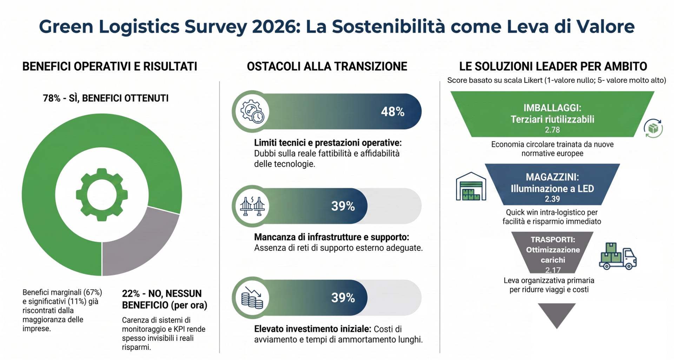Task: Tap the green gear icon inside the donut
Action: (x=102, y=195)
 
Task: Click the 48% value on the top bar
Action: (x=392, y=112)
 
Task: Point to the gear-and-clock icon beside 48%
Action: (x=252, y=111)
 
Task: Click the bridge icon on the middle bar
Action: (x=252, y=206)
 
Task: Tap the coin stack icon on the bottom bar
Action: (x=252, y=298)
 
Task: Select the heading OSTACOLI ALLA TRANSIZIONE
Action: (x=327, y=66)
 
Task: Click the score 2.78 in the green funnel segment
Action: (x=552, y=130)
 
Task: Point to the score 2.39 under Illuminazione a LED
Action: (x=552, y=199)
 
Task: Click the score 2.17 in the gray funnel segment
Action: (x=553, y=270)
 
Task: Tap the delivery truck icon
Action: (x=618, y=256)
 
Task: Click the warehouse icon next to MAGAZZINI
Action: (x=471, y=186)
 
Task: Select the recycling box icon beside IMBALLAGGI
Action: (x=653, y=128)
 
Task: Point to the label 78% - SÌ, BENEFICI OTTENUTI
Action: (x=106, y=98)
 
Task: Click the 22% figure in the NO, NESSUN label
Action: (x=131, y=294)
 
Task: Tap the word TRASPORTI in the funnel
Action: (x=553, y=240)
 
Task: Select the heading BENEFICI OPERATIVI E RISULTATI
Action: (x=110, y=66)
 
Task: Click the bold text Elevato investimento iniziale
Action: (x=312, y=329)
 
